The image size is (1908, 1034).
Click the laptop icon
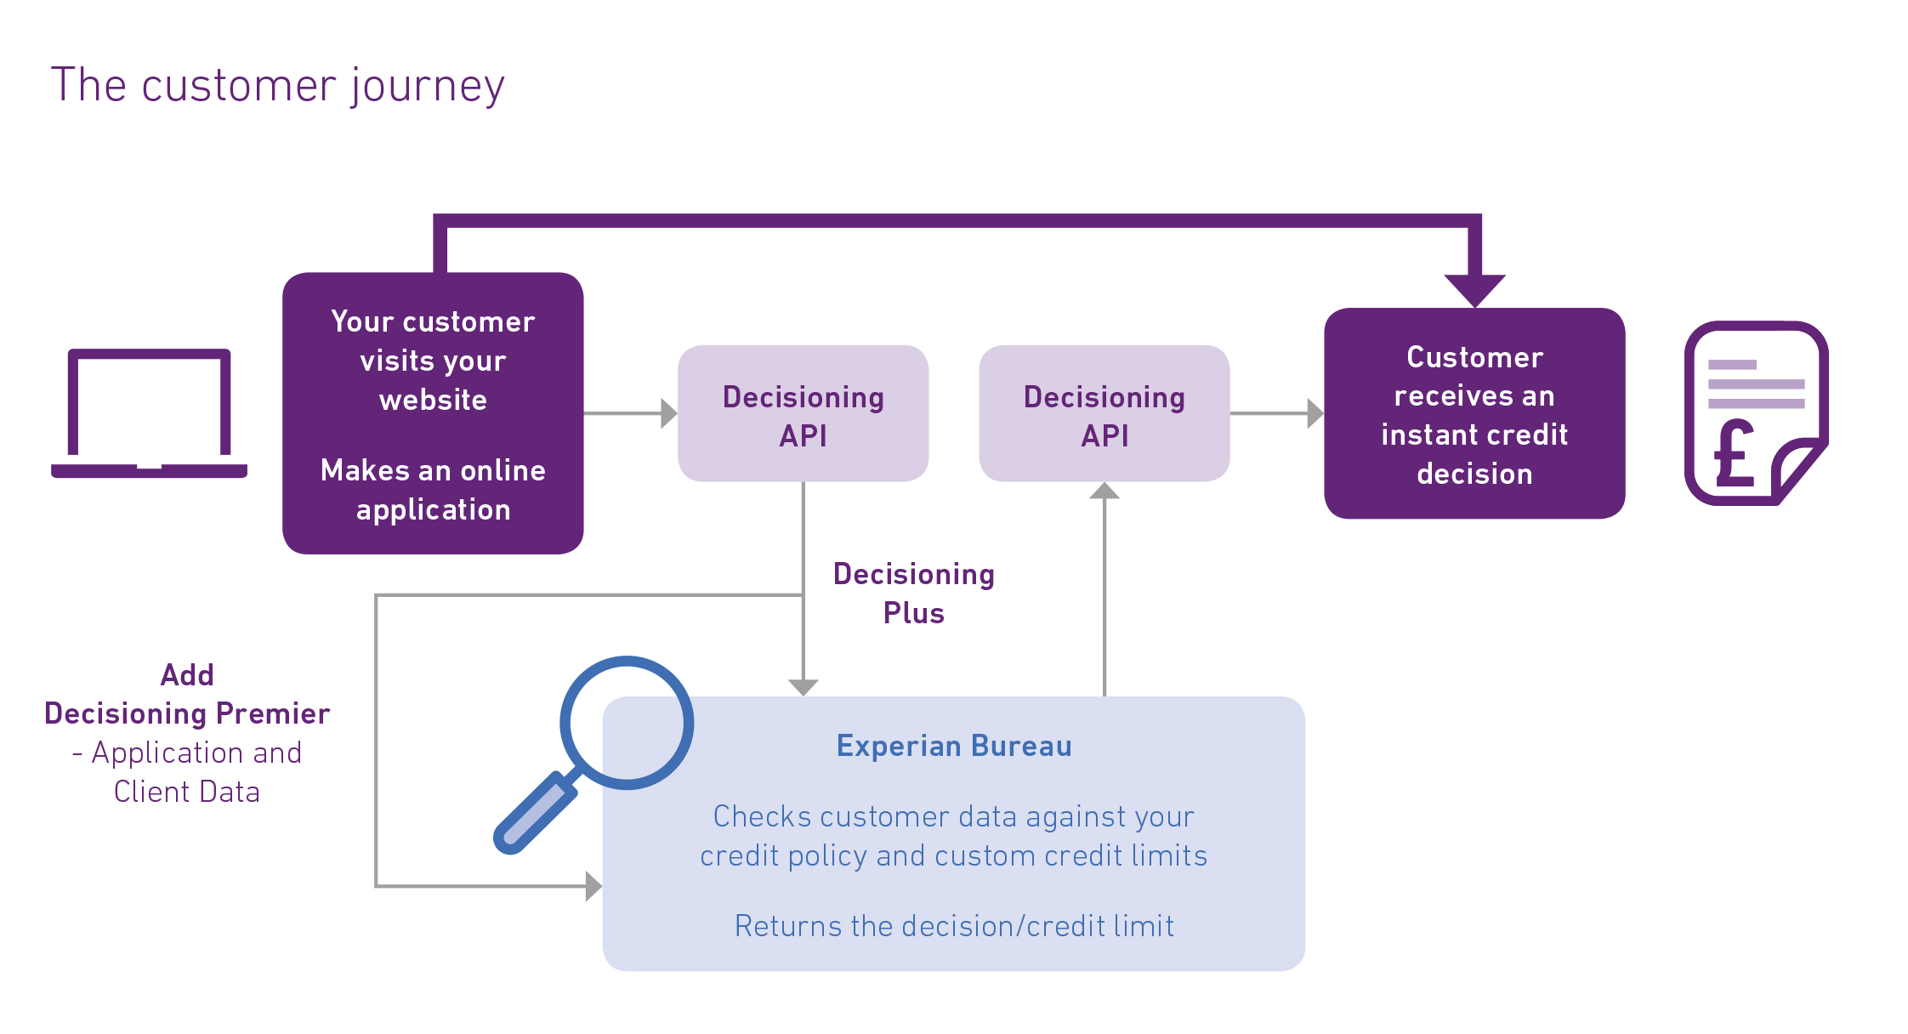pos(149,413)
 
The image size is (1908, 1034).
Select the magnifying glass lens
pos(627,723)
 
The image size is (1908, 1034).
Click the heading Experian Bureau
pos(953,746)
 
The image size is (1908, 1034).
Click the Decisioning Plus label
pos(913,594)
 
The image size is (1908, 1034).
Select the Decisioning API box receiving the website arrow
pos(803,414)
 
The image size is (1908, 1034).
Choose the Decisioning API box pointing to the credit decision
pos(1104,414)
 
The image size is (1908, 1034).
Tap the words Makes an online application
pos(433,490)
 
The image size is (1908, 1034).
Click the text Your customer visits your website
pos(433,361)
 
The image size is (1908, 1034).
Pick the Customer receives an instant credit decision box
pos(1474,414)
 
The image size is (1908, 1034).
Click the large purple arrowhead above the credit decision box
pos(1474,290)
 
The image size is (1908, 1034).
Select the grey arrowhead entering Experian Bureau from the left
pos(593,886)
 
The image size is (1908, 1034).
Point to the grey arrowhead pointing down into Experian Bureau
pos(803,687)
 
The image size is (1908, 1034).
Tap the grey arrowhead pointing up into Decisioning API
pos(1104,491)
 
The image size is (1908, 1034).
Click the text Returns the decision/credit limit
pos(953,926)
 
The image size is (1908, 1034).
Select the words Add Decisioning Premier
pos(187,695)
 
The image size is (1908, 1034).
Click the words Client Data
pos(187,792)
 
